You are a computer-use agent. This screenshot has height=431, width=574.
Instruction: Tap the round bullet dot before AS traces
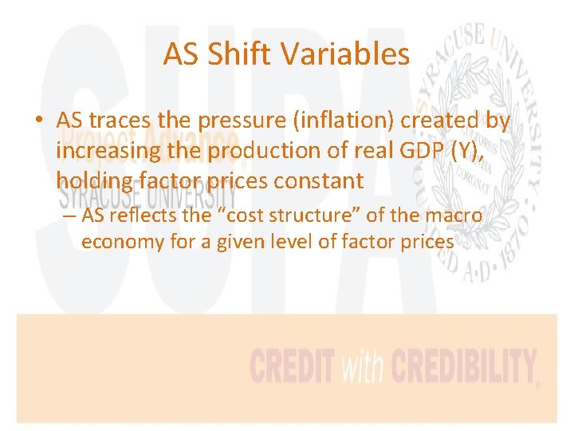click(x=38, y=121)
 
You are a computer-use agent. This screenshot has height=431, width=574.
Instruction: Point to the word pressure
click(x=232, y=121)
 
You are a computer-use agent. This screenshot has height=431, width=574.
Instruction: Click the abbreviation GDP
click(x=413, y=151)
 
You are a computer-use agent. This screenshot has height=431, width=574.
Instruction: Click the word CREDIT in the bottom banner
click(x=293, y=366)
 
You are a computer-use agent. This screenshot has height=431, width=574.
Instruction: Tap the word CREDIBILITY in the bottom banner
click(x=462, y=366)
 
